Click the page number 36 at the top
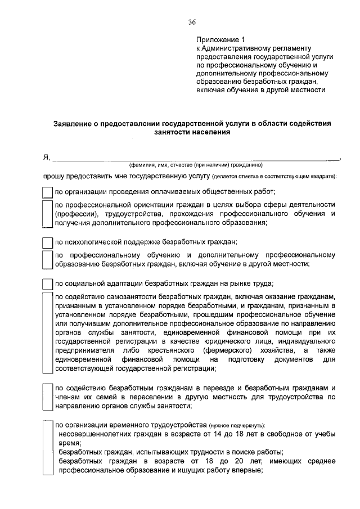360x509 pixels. [x=192, y=22]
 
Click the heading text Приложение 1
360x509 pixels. [x=221, y=40]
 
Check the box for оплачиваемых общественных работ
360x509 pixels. [x=48, y=191]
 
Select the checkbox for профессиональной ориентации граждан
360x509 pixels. [x=48, y=214]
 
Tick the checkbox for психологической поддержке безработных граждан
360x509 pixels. [x=48, y=243]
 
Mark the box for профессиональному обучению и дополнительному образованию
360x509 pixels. [x=48, y=259]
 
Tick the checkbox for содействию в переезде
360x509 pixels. [x=48, y=397]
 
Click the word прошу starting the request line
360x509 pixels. [x=55, y=176]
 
